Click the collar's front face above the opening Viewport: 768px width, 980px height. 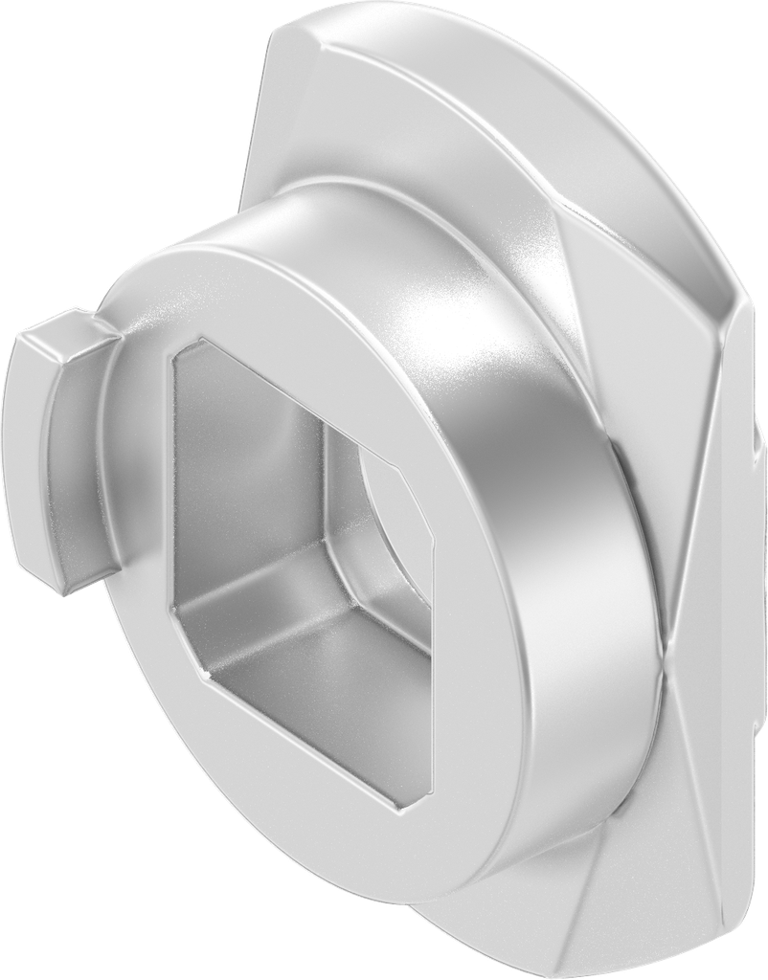(x=287, y=287)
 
